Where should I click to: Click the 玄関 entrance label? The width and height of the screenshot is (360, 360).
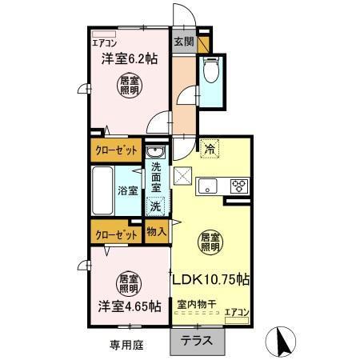(182, 41)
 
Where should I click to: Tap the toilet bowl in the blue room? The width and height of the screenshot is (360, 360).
(212, 71)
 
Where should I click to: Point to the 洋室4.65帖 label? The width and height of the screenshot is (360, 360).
(127, 306)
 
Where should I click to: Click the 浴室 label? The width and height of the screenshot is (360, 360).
(128, 190)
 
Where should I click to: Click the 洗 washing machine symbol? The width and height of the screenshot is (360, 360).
(155, 206)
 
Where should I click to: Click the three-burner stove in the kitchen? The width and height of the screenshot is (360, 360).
(239, 186)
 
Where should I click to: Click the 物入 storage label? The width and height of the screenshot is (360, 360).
(157, 231)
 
